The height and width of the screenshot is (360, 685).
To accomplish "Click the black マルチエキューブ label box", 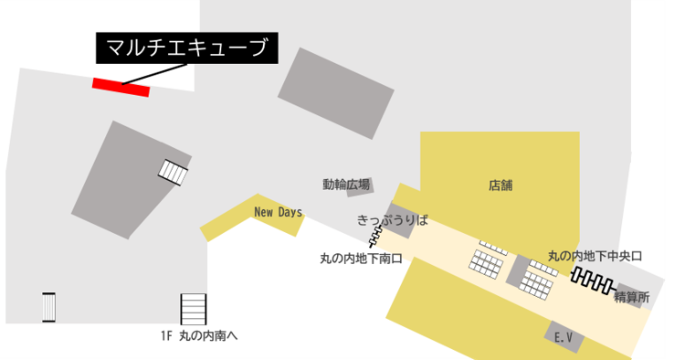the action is coord(186,48).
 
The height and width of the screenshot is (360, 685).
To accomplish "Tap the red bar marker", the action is coord(121,87).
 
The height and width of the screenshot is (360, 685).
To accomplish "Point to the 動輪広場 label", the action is coord(346,185).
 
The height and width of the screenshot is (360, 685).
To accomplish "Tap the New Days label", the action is coord(278,212).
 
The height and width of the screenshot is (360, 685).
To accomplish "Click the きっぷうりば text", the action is coord(392,220).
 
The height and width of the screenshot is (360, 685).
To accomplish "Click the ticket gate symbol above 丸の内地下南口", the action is coord(376,239).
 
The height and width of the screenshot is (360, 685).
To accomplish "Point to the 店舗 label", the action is coord(501,185).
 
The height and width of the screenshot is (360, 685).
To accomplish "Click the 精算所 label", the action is coord(631,297).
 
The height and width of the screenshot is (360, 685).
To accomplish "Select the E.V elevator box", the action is coord(564,336).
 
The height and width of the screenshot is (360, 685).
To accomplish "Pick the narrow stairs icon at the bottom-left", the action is coord(49,307).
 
